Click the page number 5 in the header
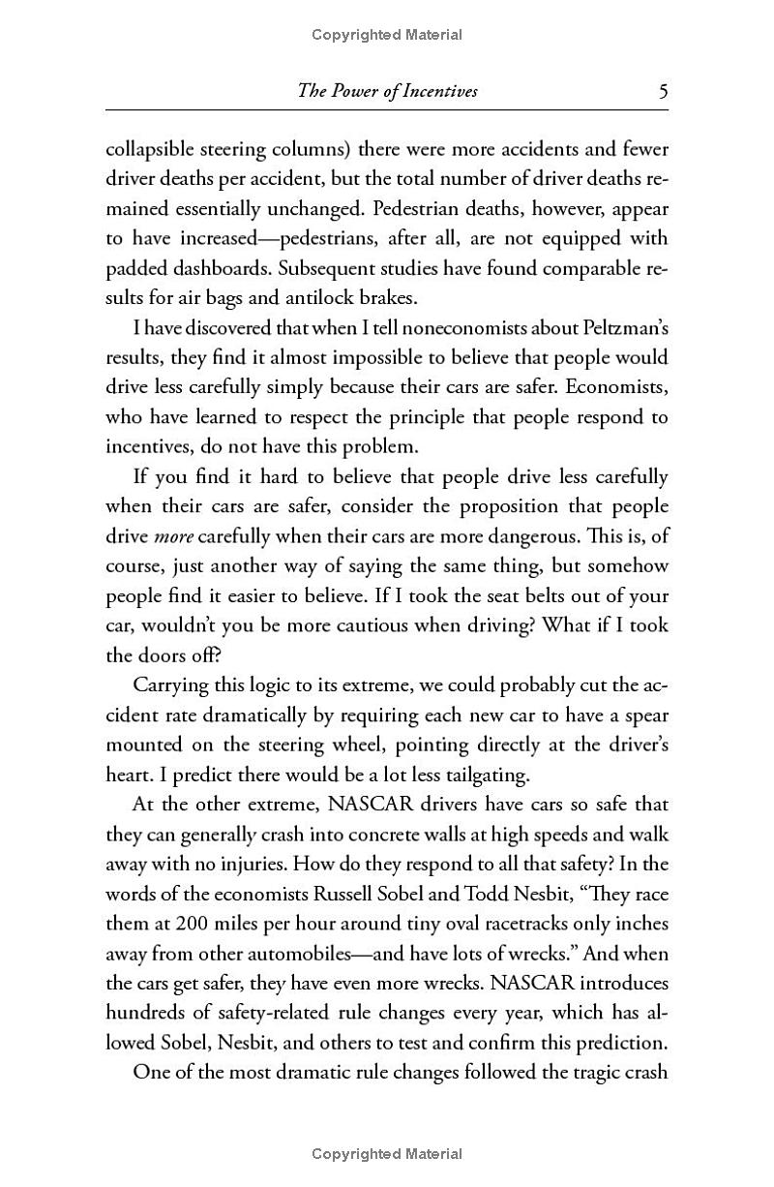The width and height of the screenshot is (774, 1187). [x=663, y=92]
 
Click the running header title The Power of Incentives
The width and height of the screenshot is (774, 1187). [x=387, y=92]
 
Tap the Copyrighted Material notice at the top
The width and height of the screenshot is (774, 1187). [x=387, y=35]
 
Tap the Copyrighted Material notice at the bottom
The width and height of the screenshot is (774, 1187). [x=387, y=1153]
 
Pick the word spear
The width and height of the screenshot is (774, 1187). [x=643, y=715]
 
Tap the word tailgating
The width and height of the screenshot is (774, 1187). [x=483, y=774]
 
